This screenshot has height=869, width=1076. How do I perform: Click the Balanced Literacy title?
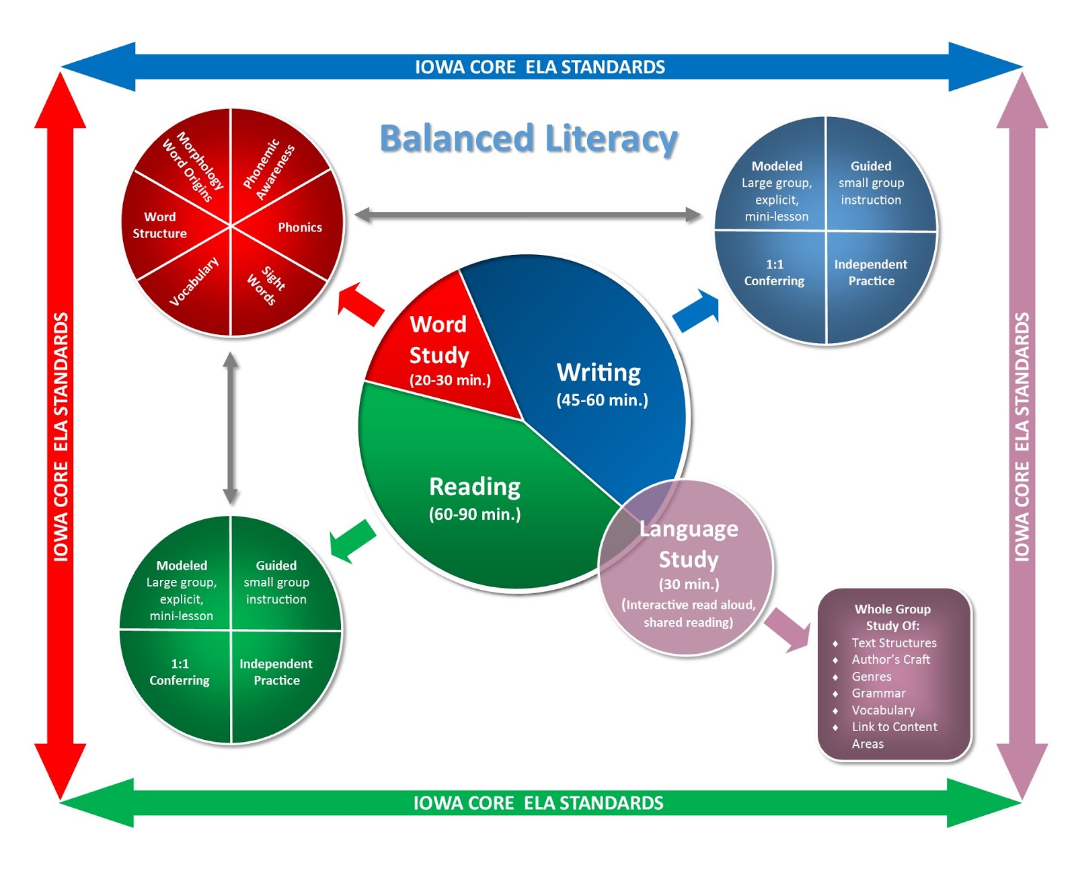click(529, 139)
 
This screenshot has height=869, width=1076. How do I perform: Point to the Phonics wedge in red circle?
click(299, 227)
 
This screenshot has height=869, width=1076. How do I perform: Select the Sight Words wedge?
click(266, 285)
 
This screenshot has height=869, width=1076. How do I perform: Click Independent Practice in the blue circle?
click(871, 272)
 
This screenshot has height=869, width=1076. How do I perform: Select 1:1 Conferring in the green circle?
click(180, 672)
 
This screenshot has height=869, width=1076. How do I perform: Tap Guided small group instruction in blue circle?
click(871, 183)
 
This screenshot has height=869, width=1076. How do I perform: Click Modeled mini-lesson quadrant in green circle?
click(182, 590)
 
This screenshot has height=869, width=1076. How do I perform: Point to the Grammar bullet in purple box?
click(878, 693)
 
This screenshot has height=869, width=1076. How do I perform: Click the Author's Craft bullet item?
click(890, 659)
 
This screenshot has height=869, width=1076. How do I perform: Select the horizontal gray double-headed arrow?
click(528, 215)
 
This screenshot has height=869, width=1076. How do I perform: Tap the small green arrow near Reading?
click(352, 541)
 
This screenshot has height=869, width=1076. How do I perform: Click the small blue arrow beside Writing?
click(697, 311)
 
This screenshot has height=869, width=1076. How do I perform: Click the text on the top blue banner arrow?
click(539, 67)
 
